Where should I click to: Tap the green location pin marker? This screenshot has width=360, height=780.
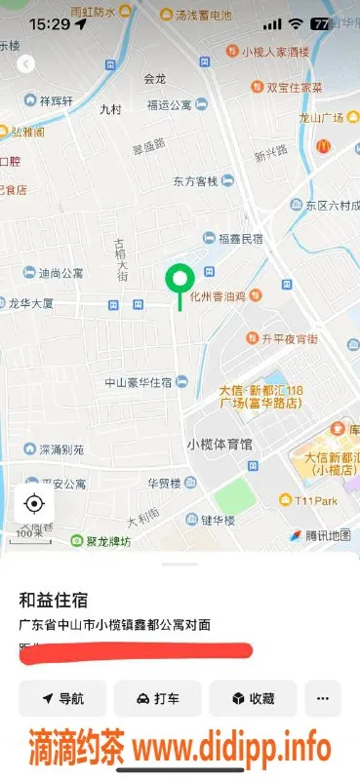[179, 280]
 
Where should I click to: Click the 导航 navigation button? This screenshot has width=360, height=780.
[62, 698]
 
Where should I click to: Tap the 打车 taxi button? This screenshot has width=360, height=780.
[157, 698]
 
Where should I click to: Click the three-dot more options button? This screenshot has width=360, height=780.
[323, 698]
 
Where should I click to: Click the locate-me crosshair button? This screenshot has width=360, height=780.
[34, 503]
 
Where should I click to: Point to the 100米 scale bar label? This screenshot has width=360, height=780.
[29, 532]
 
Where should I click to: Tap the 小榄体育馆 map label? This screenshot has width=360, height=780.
[220, 444]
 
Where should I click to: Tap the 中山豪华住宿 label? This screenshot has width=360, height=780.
[139, 382]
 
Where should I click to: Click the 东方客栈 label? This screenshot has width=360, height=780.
[195, 180]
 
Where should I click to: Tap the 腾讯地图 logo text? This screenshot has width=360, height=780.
[327, 535]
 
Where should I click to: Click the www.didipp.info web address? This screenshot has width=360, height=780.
[232, 749]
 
